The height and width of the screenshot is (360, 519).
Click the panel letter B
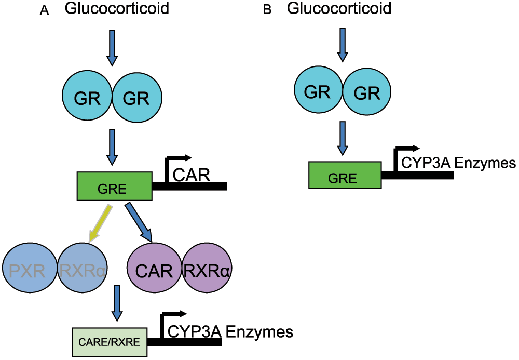pos(267,10)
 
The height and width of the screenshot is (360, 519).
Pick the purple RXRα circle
pos(206,270)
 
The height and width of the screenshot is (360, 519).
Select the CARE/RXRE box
pos(109,342)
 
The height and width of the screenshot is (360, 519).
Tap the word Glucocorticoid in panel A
pos(117,9)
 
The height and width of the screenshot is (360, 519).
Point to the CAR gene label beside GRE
pos(191,175)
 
